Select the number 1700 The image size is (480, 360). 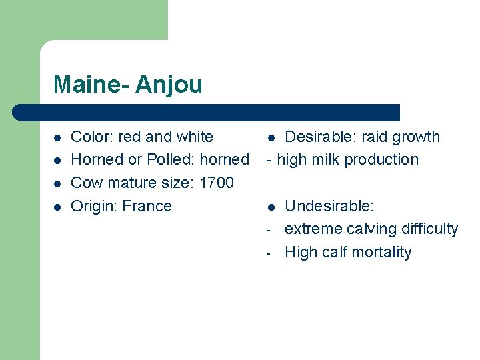pos(216,183)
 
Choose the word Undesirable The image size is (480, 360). pos(329,206)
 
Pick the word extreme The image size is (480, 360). pos(312,229)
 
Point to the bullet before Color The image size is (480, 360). pos(57,137)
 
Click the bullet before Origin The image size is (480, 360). pos(57,207)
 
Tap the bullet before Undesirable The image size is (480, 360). pos(271,207)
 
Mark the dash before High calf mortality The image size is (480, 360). pos(268,253)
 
